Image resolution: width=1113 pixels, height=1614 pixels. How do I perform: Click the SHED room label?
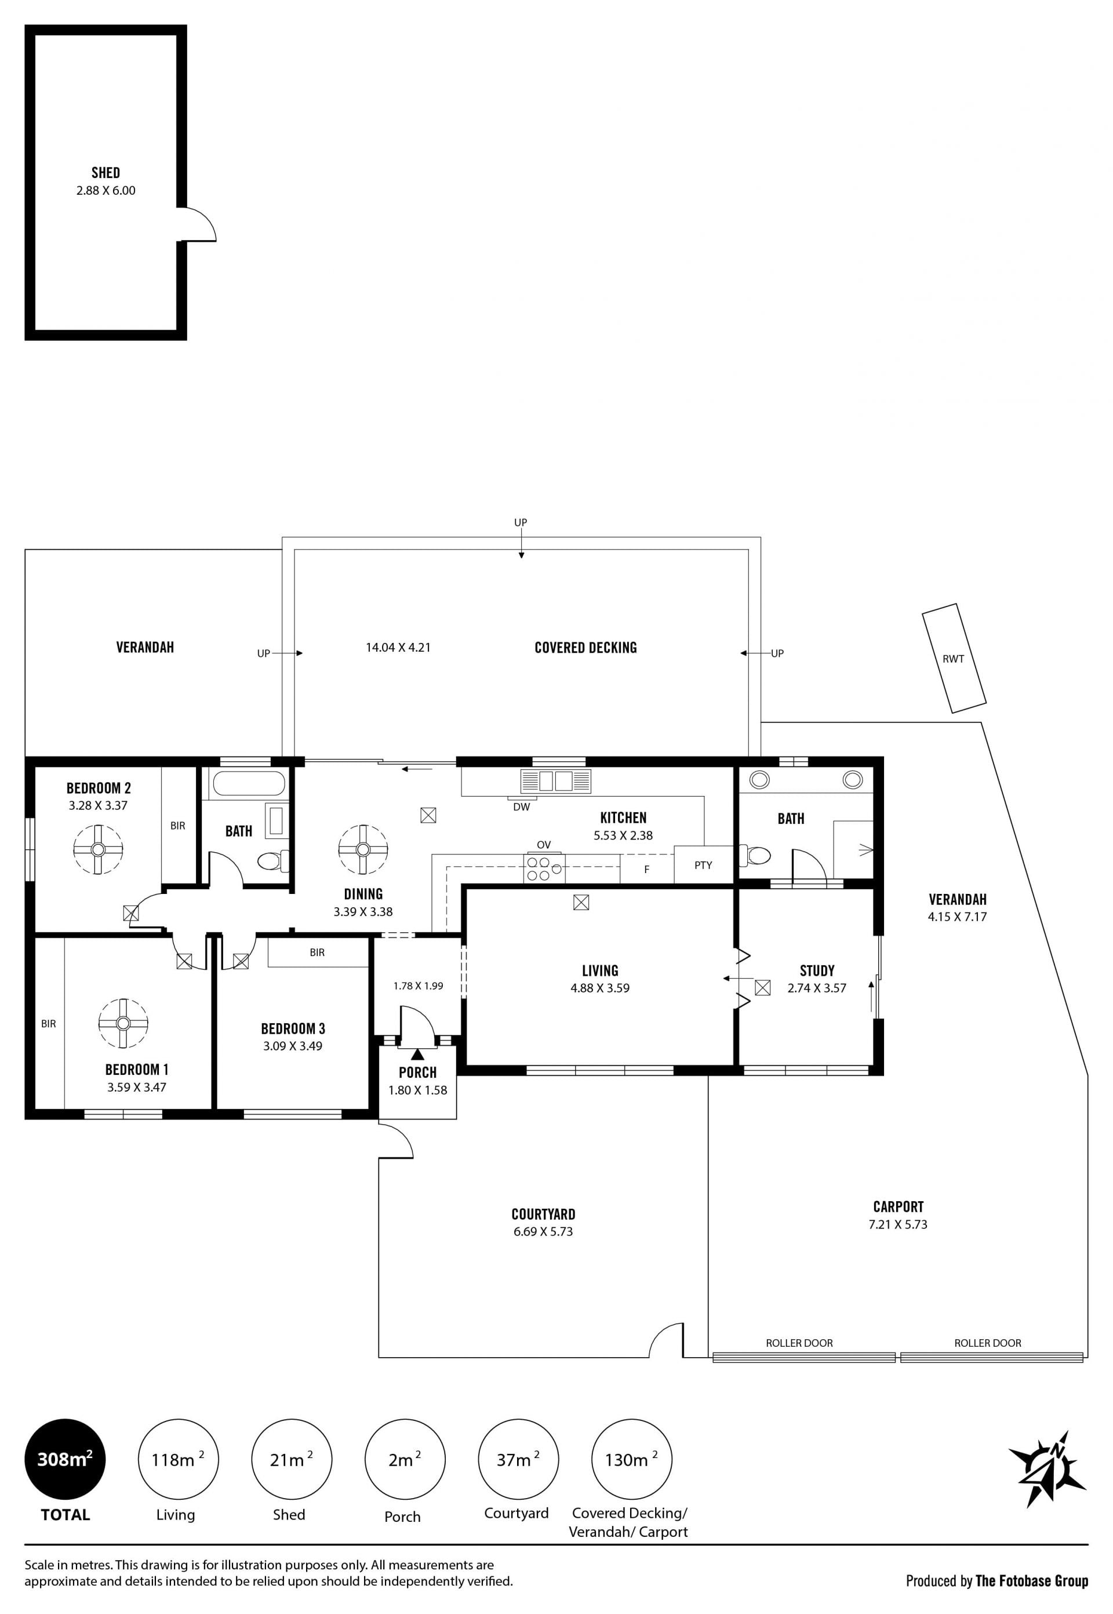(106, 172)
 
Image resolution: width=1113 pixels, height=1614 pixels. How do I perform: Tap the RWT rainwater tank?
(954, 658)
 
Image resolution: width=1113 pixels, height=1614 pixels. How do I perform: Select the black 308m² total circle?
(65, 1459)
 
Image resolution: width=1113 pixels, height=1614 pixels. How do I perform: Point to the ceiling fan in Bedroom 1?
(123, 1023)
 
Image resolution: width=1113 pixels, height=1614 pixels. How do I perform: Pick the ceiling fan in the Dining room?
(363, 849)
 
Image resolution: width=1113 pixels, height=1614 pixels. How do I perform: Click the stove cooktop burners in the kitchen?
(544, 868)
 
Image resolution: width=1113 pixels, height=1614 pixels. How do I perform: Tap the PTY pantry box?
(703, 865)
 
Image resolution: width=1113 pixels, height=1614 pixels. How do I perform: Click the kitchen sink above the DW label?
(556, 781)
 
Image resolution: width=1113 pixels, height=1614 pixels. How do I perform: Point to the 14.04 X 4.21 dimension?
(398, 647)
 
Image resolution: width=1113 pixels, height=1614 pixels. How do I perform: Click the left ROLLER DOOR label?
(799, 1343)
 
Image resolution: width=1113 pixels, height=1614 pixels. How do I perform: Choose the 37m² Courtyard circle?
(518, 1459)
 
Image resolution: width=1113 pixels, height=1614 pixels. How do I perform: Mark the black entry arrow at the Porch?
(417, 1054)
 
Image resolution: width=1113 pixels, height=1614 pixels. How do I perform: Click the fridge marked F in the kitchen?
(646, 869)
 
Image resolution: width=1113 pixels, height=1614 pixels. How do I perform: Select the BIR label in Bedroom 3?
(317, 952)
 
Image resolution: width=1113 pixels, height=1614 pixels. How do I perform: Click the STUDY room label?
(817, 970)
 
